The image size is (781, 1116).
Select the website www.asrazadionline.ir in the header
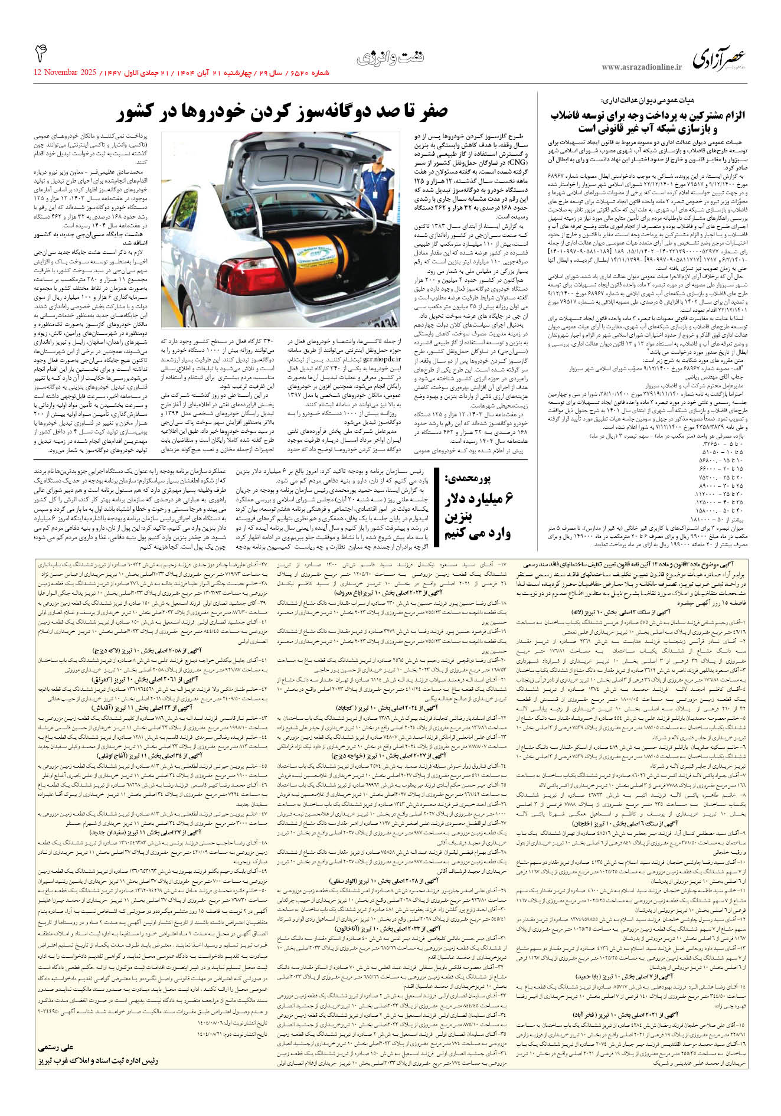click(641, 68)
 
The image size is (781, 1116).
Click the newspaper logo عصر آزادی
click(719, 59)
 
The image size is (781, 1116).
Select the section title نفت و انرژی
click(390, 58)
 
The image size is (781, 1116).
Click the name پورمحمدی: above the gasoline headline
click(477, 477)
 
